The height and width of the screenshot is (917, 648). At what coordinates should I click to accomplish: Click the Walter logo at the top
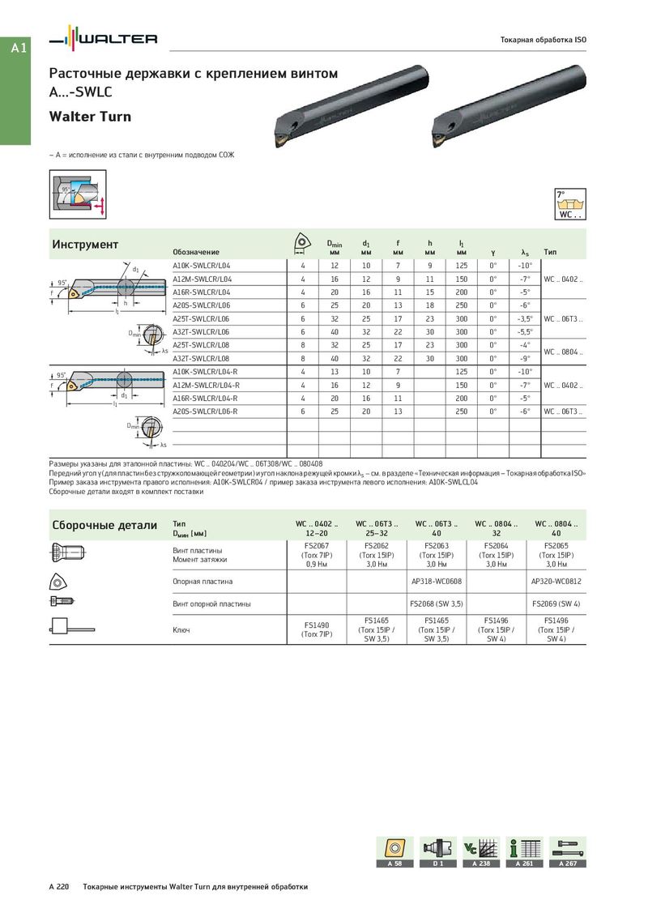(x=104, y=39)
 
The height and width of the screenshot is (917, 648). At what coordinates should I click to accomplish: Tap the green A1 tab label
(x=19, y=49)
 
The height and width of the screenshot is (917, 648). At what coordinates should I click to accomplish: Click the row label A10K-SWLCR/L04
(x=202, y=266)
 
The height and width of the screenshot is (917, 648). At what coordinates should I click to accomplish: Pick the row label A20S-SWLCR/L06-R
(x=206, y=412)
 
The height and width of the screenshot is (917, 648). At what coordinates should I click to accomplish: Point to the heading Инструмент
(x=85, y=245)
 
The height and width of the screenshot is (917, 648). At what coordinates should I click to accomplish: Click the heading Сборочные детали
(x=104, y=525)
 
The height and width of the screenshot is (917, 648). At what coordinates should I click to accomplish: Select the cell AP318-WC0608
(x=437, y=582)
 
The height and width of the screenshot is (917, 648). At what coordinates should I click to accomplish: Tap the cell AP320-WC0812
(x=556, y=582)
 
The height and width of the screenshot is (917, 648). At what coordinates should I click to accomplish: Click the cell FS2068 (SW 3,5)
(x=437, y=604)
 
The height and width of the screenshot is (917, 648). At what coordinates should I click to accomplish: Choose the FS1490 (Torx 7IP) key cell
(x=317, y=629)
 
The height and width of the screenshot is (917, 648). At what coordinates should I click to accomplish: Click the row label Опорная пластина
(x=202, y=582)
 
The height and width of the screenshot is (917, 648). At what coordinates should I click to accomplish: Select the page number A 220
(x=59, y=887)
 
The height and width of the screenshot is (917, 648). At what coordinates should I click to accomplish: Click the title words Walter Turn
(x=90, y=117)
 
